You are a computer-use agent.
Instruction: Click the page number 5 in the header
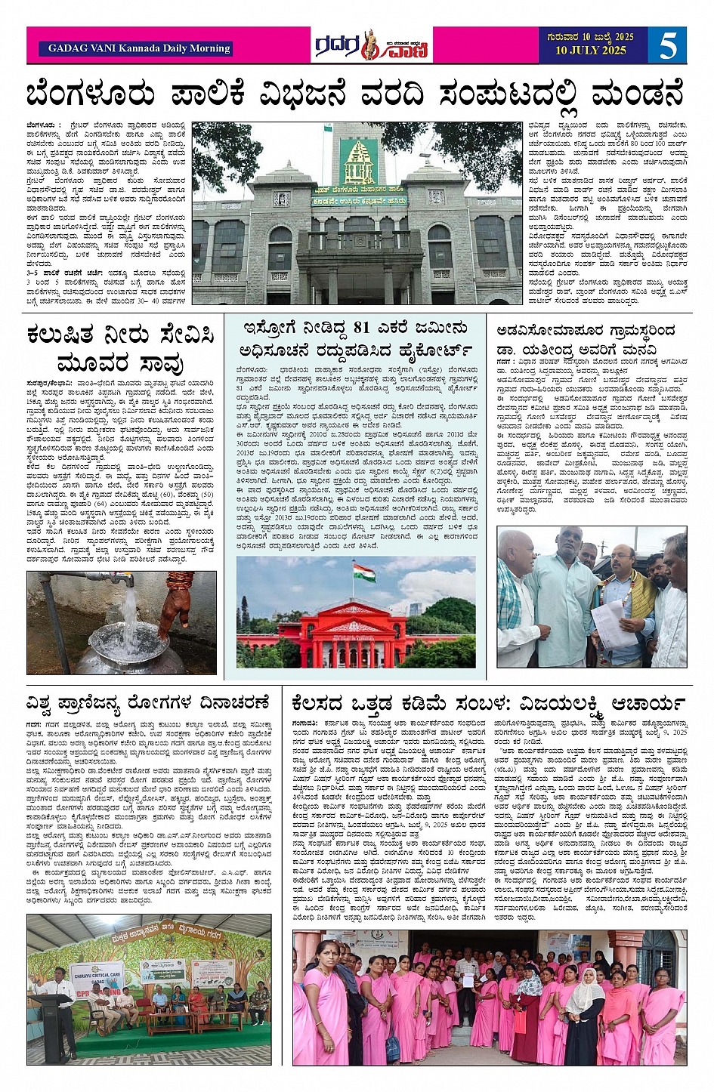pos(667,46)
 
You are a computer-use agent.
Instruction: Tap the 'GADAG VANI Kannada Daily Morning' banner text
pos(139,48)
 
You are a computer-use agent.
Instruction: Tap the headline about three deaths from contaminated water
pos(121,347)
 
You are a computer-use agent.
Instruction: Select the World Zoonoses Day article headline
pos(147,703)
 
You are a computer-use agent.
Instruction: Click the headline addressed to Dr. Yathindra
pos(586,340)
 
